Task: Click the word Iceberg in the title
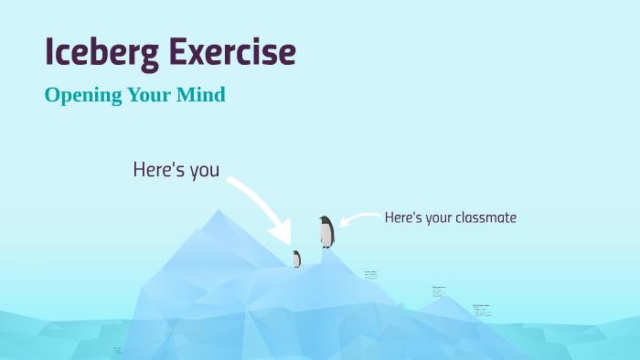coord(101,53)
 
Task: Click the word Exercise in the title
coord(233,53)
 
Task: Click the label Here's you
coord(176,170)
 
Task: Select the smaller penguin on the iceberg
coord(296,259)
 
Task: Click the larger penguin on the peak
coord(326,232)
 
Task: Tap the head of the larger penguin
coord(325,220)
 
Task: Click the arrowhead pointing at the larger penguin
coord(343,222)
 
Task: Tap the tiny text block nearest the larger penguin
coord(370,274)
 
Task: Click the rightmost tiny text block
coord(481,310)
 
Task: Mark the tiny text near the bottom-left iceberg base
coord(118,349)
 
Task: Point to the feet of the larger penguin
coord(326,247)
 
